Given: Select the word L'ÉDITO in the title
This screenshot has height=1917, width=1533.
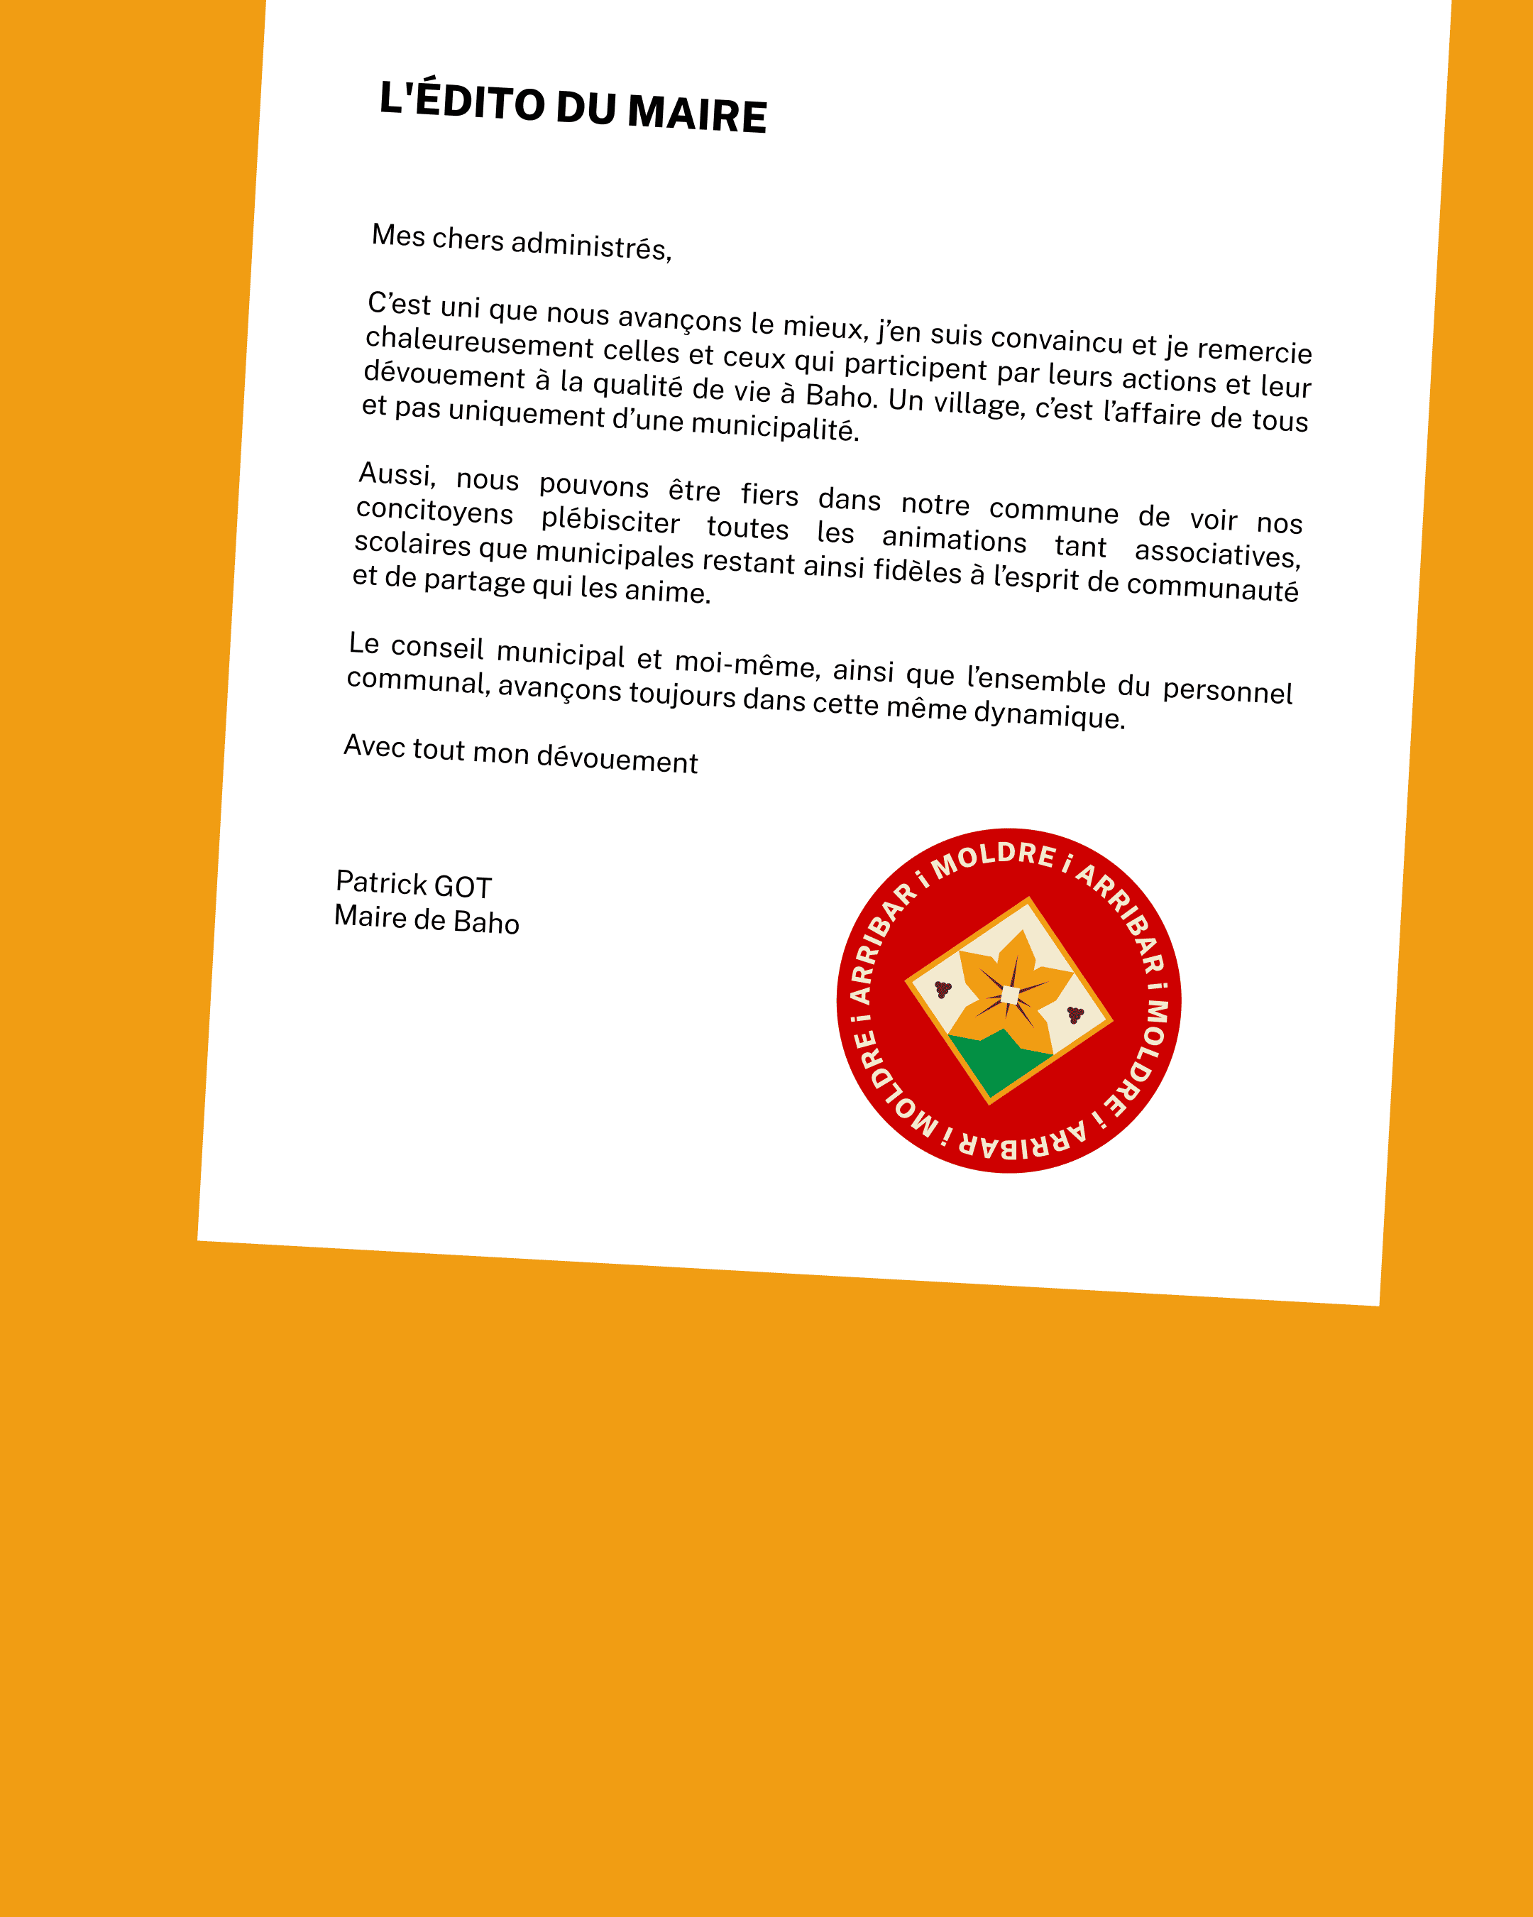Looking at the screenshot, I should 461,101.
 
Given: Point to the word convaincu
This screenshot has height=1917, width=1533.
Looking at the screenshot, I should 1057,339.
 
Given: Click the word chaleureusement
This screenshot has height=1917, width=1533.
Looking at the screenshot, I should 479,342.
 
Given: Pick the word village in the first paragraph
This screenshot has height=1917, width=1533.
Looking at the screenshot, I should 977,405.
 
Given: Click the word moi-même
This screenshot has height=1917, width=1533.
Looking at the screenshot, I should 747,663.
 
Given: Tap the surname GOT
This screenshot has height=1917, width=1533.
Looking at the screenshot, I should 462,887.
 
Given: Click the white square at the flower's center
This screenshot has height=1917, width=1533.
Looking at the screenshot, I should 1009,995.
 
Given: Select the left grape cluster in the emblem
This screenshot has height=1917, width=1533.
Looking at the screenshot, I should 943,989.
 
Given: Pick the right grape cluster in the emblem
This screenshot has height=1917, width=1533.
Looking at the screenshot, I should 1075,1014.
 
